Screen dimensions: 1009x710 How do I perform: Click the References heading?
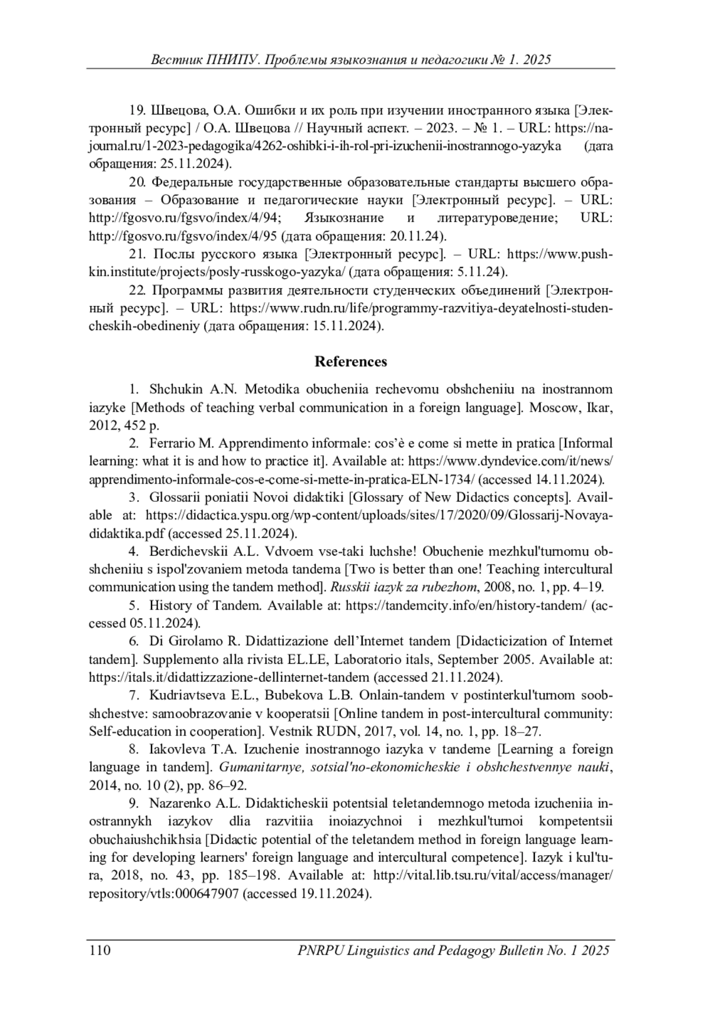point(350,362)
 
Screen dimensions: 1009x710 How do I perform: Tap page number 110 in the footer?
point(100,950)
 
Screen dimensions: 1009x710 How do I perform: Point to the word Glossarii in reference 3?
point(175,497)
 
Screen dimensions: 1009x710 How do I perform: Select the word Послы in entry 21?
point(170,254)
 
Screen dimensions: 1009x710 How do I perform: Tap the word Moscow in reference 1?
point(552,408)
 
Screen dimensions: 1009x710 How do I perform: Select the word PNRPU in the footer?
point(321,950)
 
